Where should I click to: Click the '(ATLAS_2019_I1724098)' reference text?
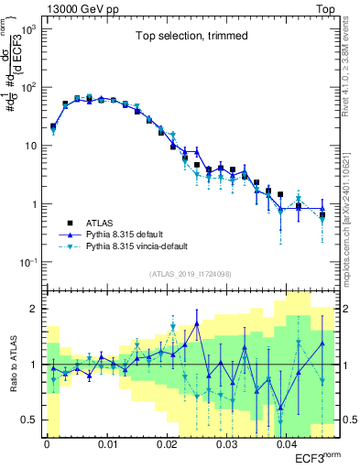(x=191, y=274)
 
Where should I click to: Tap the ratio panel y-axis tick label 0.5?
(x=30, y=420)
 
